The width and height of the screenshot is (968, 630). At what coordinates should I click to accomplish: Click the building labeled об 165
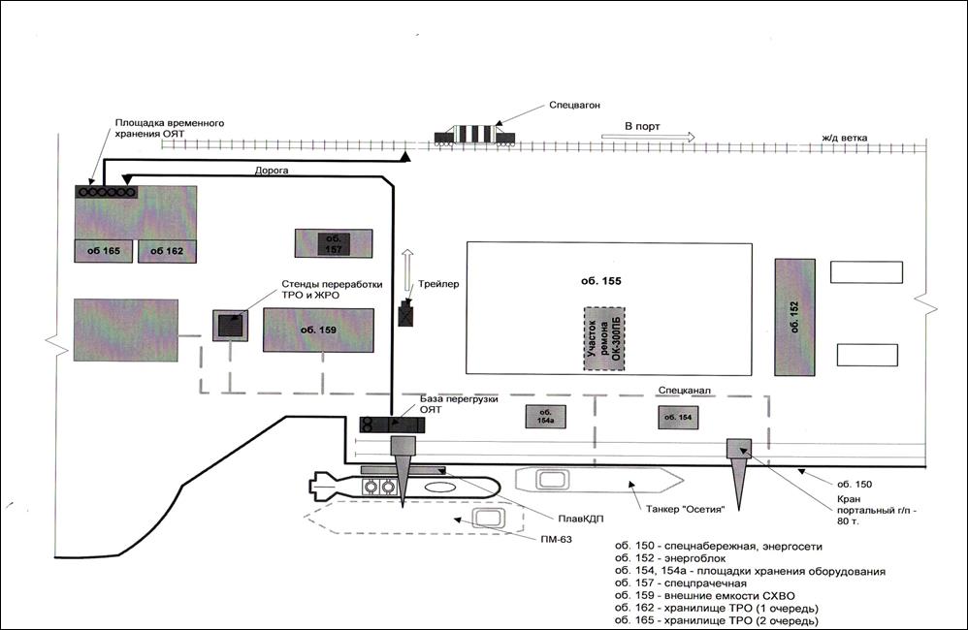[x=104, y=251]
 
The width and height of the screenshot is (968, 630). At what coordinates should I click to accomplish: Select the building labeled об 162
[x=167, y=251]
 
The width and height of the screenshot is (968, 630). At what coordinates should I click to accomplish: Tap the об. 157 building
[x=334, y=242]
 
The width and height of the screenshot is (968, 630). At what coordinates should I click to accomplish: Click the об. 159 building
[x=319, y=330]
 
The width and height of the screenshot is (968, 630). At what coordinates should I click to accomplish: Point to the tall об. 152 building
[x=794, y=316]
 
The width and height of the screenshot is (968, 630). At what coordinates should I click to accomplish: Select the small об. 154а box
[x=545, y=416]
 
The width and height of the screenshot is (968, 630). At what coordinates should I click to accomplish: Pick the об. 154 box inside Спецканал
[x=679, y=417]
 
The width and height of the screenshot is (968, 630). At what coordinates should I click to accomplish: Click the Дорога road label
[x=272, y=169]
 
